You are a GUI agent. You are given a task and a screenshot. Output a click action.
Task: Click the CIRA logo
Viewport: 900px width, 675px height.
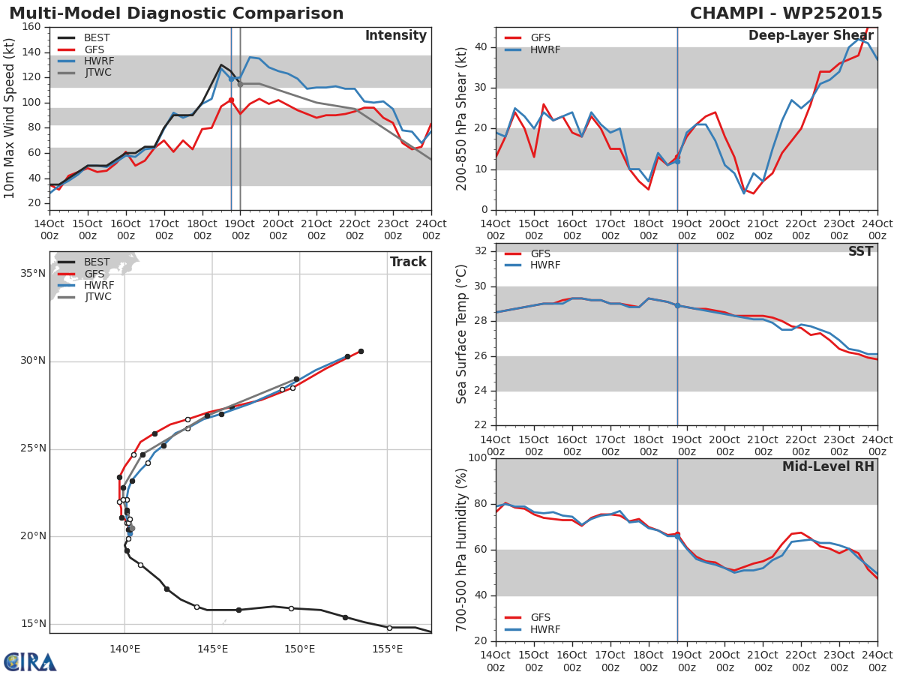tap(30, 662)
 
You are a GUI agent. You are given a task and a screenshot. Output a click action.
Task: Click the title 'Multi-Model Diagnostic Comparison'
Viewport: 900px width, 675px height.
tap(176, 13)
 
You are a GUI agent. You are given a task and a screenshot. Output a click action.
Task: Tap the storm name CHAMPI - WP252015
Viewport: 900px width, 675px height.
tap(786, 13)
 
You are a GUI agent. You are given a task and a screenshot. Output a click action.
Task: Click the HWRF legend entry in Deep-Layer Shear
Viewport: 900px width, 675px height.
tap(532, 49)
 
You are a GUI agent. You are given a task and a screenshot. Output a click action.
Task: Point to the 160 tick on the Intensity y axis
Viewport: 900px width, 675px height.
tap(31, 27)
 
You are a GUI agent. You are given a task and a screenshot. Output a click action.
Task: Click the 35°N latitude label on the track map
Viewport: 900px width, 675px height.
tap(33, 273)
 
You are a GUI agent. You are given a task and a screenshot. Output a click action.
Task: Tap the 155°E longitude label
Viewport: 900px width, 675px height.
tap(388, 649)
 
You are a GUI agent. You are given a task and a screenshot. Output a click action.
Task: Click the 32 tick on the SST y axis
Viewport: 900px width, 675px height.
tap(481, 251)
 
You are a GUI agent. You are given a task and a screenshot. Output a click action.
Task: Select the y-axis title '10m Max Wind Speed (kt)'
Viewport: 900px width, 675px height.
tap(9, 118)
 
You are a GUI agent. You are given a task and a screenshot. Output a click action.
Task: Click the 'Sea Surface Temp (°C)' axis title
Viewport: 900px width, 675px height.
tap(461, 334)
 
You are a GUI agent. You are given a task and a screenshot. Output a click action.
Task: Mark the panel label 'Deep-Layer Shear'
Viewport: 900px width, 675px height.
tap(811, 36)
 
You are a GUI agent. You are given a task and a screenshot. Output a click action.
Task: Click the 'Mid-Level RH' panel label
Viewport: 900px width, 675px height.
tap(828, 466)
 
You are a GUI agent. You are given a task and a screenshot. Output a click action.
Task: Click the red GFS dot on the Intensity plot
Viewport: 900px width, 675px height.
tap(231, 100)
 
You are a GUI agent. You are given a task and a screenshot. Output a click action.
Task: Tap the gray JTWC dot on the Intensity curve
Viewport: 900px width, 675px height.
tap(240, 85)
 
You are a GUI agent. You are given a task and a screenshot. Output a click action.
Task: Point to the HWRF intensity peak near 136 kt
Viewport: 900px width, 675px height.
tap(250, 58)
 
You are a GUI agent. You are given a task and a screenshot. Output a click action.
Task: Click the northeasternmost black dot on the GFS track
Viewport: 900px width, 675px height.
tap(361, 352)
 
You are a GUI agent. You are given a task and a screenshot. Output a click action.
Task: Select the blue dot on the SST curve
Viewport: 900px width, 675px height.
tap(677, 306)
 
